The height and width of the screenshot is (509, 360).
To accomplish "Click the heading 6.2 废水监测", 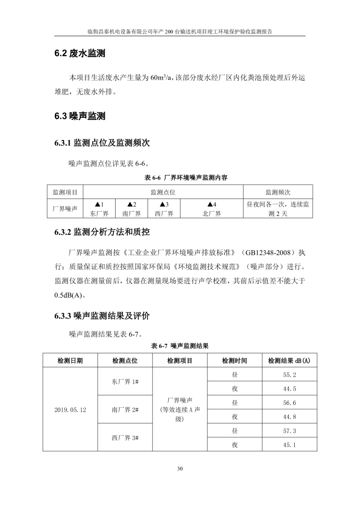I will (x=80, y=54).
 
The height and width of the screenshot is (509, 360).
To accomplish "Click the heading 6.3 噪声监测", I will (x=80, y=117).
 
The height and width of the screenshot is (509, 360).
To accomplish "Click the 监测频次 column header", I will (x=278, y=192).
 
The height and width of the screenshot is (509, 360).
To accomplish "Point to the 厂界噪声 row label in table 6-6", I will (x=65, y=209).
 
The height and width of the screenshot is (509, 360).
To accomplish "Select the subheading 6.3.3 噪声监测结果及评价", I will (x=102, y=316).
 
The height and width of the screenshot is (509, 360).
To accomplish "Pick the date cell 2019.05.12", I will (x=70, y=410).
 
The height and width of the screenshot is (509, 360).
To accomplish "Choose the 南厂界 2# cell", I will (x=125, y=410).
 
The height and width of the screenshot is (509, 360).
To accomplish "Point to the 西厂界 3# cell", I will (x=125, y=437).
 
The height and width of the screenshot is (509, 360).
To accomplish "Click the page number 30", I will (x=180, y=469).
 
